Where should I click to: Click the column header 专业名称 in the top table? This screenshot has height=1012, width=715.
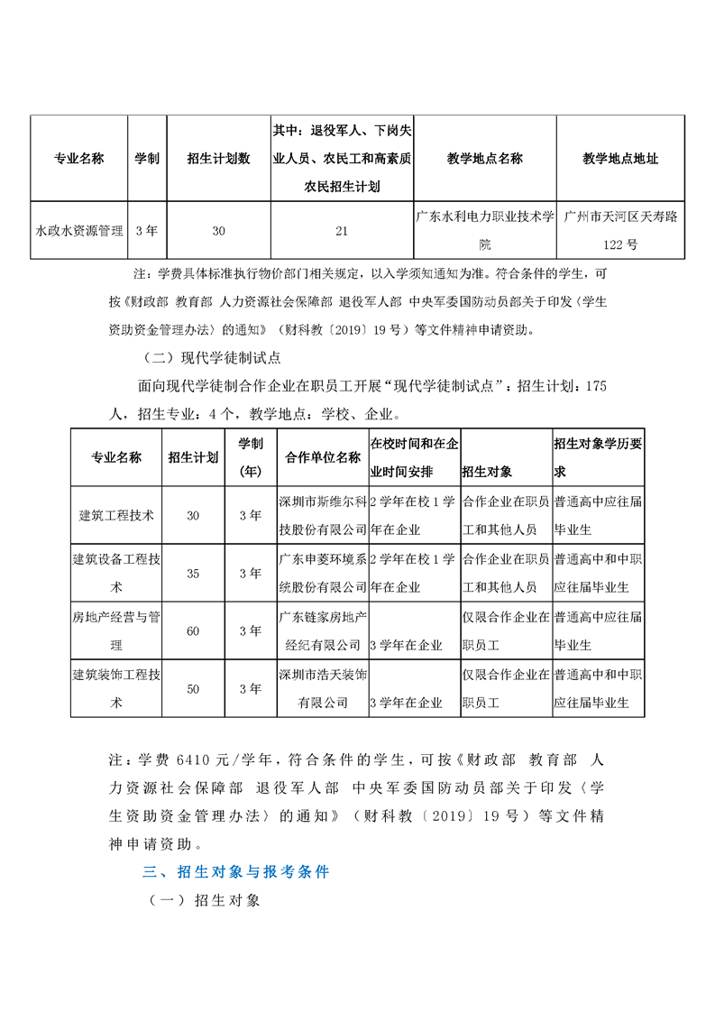[79, 159]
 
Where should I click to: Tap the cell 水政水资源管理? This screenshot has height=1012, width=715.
[79, 231]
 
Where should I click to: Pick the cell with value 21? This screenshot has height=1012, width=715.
[342, 231]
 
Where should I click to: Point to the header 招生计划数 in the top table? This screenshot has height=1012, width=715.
[218, 159]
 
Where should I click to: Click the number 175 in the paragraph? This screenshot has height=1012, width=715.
[596, 386]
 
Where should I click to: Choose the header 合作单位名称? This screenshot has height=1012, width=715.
[323, 457]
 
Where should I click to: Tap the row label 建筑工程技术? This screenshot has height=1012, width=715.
[116, 516]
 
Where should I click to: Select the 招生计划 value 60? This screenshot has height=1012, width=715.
[193, 631]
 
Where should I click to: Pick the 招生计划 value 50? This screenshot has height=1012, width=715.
[193, 689]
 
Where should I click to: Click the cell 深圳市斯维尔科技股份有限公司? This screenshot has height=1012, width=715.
[323, 516]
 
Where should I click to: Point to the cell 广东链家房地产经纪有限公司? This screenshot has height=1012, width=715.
[323, 631]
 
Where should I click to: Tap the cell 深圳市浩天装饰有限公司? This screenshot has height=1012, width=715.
[323, 689]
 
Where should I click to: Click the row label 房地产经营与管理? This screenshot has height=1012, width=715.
[116, 631]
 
